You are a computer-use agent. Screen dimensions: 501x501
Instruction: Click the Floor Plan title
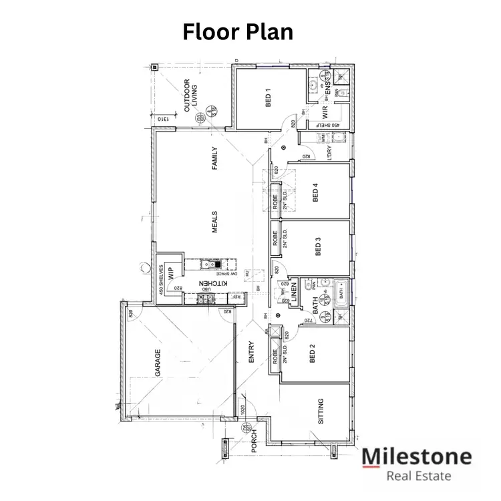click(x=238, y=31)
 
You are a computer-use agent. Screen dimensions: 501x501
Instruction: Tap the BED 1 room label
click(x=267, y=98)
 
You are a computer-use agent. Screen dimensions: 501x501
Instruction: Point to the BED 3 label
click(x=318, y=248)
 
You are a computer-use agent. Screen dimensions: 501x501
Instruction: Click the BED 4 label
click(x=315, y=192)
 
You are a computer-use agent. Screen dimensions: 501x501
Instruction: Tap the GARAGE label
click(x=158, y=363)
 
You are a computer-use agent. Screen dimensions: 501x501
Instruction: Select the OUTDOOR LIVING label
click(x=191, y=94)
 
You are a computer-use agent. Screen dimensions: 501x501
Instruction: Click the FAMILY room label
click(x=214, y=158)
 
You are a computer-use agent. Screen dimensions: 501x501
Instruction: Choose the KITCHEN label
click(x=214, y=284)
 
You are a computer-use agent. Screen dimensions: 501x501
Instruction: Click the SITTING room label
click(x=321, y=411)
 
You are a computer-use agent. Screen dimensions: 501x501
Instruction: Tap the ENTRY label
click(x=251, y=353)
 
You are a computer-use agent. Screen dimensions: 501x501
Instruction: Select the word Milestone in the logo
click(x=416, y=457)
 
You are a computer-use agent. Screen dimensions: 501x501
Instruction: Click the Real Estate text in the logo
click(x=419, y=476)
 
